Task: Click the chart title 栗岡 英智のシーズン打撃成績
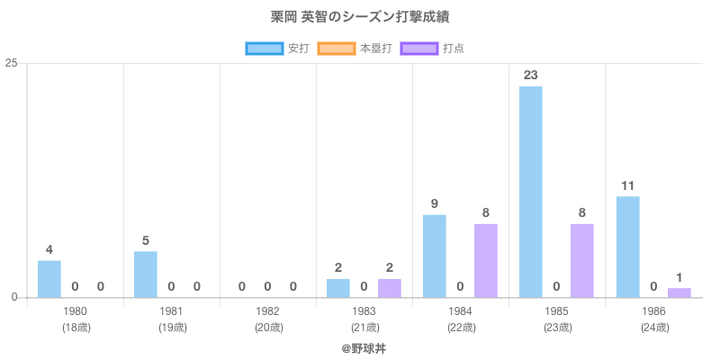coord(360,18)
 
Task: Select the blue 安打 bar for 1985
coord(530,192)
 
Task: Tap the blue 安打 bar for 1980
coord(49,279)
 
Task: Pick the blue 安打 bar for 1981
coord(145,274)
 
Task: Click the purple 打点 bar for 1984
coord(486,261)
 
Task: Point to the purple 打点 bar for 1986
coord(679,292)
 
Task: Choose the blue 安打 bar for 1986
coord(627,247)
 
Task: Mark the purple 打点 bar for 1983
coord(389,288)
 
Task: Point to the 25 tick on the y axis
coord(12,63)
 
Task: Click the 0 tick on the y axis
coord(15,298)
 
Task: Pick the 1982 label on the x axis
coord(267,311)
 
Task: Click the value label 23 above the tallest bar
coord(530,75)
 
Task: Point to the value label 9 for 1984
coord(434,204)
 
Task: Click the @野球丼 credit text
coord(364,347)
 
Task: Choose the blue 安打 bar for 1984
coord(434,256)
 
